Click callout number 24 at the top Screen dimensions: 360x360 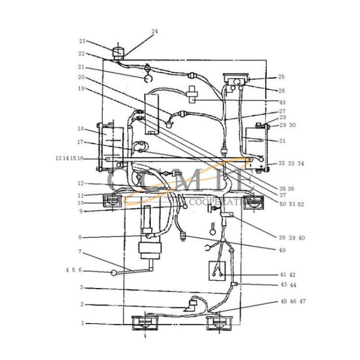click(155, 31)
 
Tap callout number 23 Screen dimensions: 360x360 click(82, 41)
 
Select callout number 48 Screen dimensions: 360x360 click(282, 102)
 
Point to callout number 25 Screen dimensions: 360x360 click(281, 77)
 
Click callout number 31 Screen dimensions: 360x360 click(282, 141)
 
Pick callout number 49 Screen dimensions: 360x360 click(282, 250)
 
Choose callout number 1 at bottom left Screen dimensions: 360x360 click(83, 323)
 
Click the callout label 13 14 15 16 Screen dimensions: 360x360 click(69, 158)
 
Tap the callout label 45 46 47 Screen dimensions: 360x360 click(293, 301)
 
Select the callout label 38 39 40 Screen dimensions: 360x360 click(292, 238)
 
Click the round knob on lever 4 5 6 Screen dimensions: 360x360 click(114, 273)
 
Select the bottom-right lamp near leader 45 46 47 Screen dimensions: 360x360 click(219, 323)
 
